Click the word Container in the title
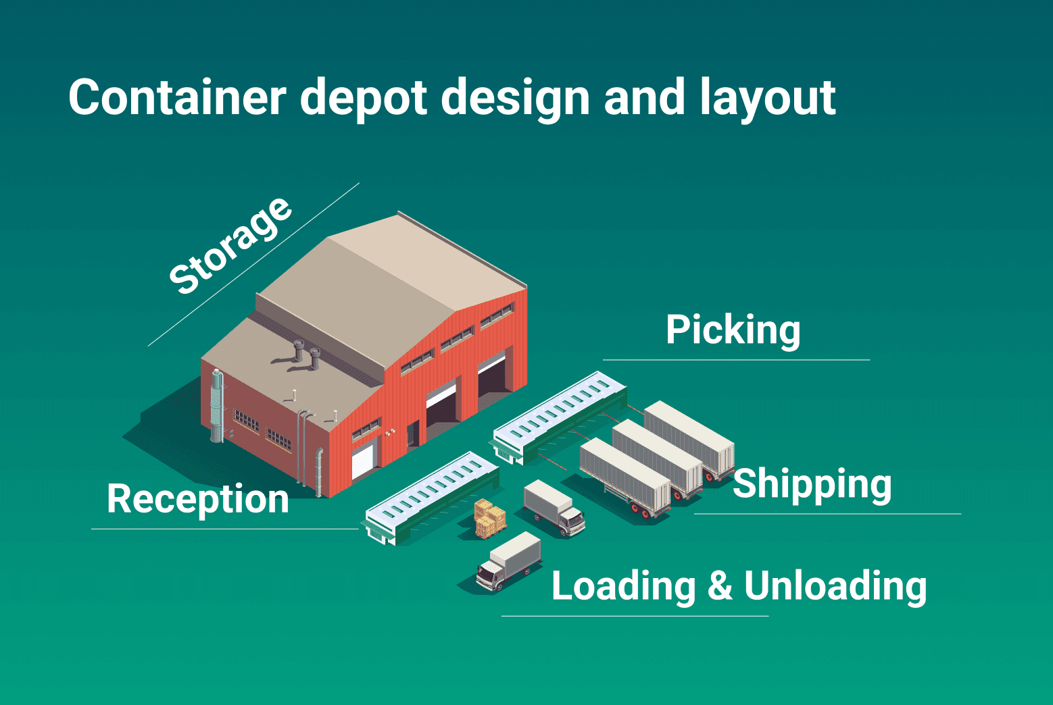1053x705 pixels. click(177, 98)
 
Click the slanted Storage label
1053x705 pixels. click(230, 246)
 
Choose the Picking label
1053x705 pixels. click(733, 330)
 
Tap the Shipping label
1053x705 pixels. click(812, 484)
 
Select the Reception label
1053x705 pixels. click(198, 499)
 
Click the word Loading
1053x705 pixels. click(623, 585)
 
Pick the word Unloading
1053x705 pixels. click(835, 585)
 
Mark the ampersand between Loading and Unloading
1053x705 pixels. click(720, 585)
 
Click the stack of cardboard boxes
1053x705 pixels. click(489, 519)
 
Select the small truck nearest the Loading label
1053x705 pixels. click(509, 561)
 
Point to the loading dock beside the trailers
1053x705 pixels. click(560, 416)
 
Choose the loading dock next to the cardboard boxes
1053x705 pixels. click(432, 496)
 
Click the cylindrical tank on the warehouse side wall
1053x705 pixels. click(217, 405)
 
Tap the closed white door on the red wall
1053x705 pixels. click(362, 459)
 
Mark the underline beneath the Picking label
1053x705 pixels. click(736, 360)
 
